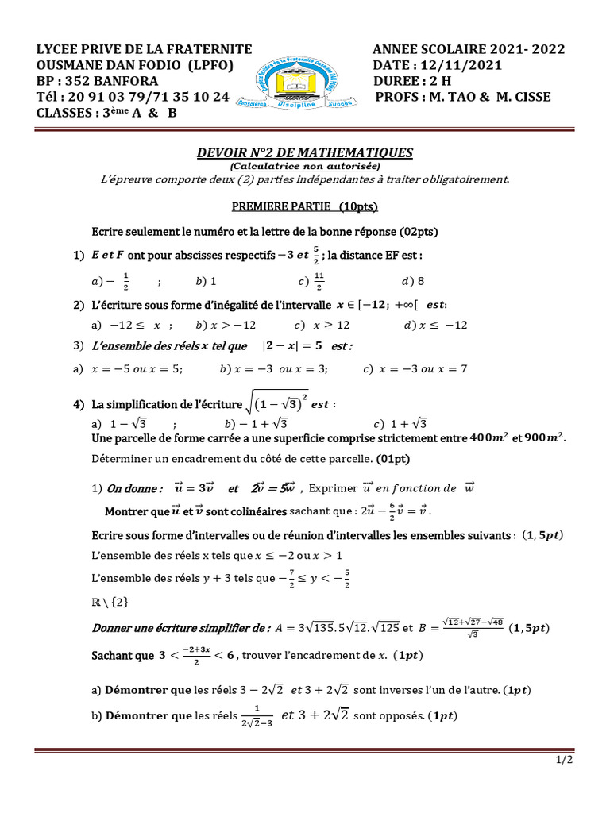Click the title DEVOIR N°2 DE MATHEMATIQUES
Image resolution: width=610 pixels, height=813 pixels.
(x=305, y=152)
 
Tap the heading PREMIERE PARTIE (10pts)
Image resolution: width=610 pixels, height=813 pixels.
(x=304, y=207)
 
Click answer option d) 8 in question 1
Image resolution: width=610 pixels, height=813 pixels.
(x=413, y=280)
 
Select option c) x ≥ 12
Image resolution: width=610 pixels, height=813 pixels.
(x=311, y=325)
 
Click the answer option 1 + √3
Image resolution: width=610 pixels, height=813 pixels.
(x=404, y=423)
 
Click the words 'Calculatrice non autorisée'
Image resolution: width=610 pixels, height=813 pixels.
(x=305, y=166)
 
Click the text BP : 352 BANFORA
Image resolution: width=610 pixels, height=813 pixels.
(x=97, y=81)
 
